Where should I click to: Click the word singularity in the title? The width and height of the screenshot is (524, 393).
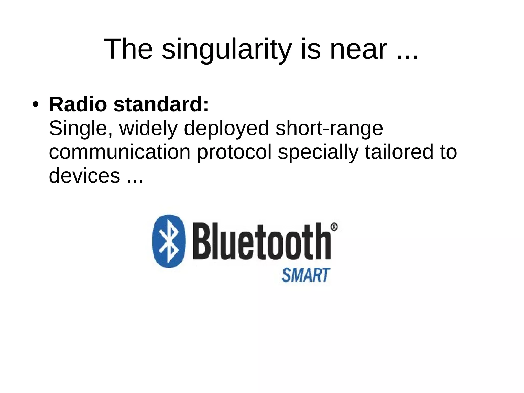227,49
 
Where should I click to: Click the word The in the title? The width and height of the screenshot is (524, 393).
128,49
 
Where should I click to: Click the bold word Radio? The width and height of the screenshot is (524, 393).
78,105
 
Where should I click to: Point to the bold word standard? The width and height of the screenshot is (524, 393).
161,105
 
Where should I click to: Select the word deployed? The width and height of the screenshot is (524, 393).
226,129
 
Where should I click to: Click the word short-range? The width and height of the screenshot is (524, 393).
329,129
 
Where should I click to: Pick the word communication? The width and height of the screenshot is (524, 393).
119,152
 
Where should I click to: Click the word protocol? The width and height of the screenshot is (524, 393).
234,152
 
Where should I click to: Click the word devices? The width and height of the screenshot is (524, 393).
84,176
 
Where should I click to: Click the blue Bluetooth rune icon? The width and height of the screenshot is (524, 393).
169,241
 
